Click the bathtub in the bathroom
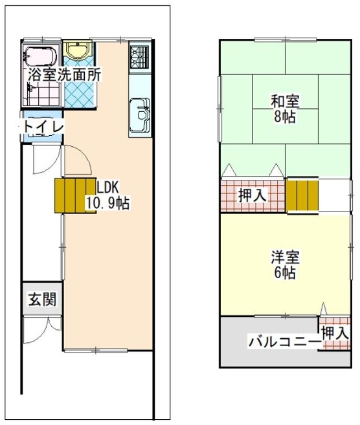click(41, 57)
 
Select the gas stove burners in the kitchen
click(139, 57)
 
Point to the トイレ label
click(43, 127)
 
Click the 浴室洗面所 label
click(65, 74)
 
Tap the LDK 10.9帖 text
click(107, 195)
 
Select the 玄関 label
click(42, 300)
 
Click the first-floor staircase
click(75, 195)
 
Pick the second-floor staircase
click(302, 195)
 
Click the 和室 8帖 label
click(285, 109)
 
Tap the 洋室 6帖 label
click(286, 265)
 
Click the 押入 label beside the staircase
click(253, 195)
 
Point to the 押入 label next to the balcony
click(335, 332)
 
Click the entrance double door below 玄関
click(43, 329)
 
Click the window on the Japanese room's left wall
click(220, 109)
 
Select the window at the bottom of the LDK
click(95, 351)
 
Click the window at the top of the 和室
click(286, 40)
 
